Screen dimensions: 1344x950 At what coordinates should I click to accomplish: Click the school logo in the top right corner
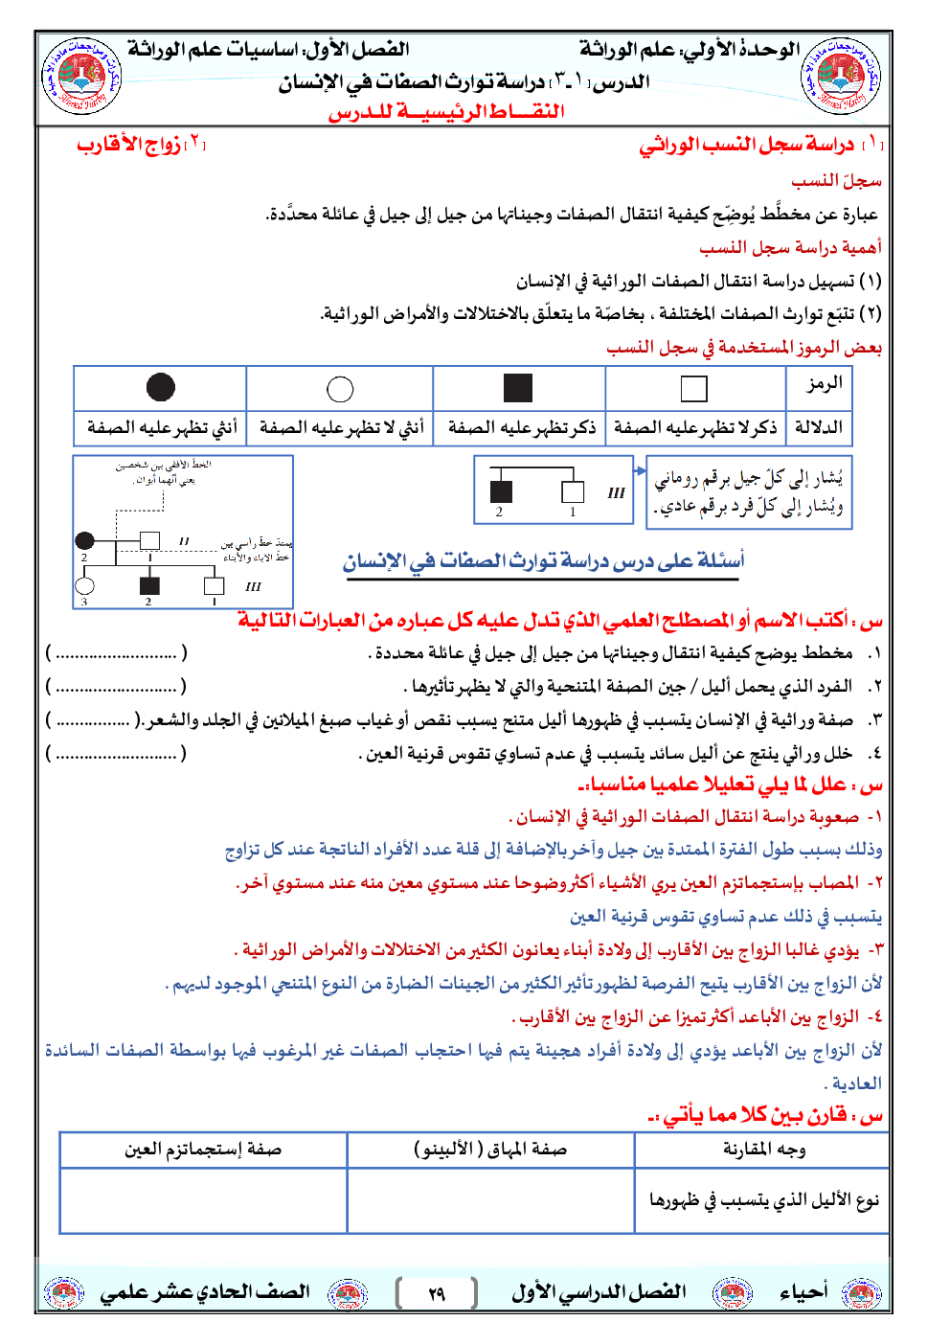(x=839, y=75)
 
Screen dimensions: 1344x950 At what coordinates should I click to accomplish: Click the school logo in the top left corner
(x=82, y=75)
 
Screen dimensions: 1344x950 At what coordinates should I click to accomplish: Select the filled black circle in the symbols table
(x=160, y=387)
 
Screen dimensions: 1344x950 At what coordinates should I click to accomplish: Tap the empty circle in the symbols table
(x=340, y=389)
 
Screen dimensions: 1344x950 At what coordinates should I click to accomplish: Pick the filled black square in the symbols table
(x=518, y=388)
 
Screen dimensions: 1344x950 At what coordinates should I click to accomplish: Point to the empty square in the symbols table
(x=693, y=389)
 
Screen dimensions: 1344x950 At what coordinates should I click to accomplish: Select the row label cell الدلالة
(x=820, y=427)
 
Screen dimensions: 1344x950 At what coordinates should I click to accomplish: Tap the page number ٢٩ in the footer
(x=437, y=1294)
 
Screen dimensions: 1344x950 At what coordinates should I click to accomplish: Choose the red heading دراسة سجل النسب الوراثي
(x=747, y=145)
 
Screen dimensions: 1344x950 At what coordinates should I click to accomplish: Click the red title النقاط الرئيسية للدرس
(x=446, y=112)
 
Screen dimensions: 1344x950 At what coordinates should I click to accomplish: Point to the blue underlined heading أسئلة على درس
(x=543, y=561)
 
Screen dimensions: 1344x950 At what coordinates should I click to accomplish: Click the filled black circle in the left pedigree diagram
(x=85, y=540)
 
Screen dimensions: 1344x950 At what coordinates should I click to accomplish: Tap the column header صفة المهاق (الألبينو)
(x=490, y=1149)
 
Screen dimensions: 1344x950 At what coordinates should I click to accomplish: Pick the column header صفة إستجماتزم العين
(x=202, y=1149)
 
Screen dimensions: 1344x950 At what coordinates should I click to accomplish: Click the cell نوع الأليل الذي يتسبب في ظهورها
(x=763, y=1200)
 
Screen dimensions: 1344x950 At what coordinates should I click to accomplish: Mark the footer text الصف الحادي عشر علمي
(x=205, y=1292)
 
